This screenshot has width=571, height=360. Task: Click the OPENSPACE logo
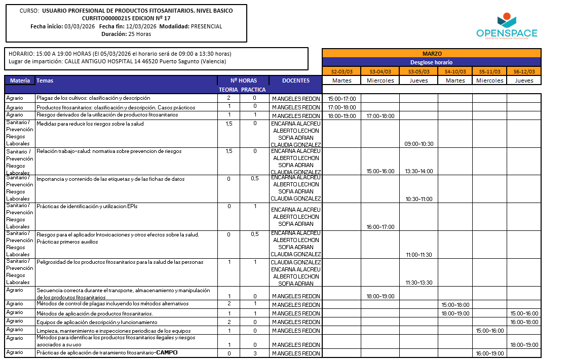click(507, 26)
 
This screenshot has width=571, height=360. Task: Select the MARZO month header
click(432, 53)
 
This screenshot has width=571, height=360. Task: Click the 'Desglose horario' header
click(432, 62)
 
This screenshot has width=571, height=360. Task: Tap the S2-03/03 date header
click(341, 71)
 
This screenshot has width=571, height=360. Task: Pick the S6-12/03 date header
click(524, 71)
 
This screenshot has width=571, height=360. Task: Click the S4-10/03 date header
click(455, 71)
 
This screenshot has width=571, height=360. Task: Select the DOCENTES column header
click(295, 81)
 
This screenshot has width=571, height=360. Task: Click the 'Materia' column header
click(20, 81)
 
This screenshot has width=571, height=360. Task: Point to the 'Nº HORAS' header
click(243, 81)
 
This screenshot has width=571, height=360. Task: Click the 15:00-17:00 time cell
click(342, 99)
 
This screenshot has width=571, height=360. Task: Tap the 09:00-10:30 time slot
click(419, 144)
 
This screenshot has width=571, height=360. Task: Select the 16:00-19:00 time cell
click(489, 353)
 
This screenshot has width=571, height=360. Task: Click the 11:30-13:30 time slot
click(419, 283)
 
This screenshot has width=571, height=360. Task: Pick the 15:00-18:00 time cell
click(455, 305)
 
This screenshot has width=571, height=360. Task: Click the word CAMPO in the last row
click(167, 352)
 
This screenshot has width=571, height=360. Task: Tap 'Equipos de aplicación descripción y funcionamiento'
click(97, 322)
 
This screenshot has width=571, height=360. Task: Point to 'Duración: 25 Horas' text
click(126, 34)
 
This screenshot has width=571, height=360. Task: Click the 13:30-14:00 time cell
click(419, 171)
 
